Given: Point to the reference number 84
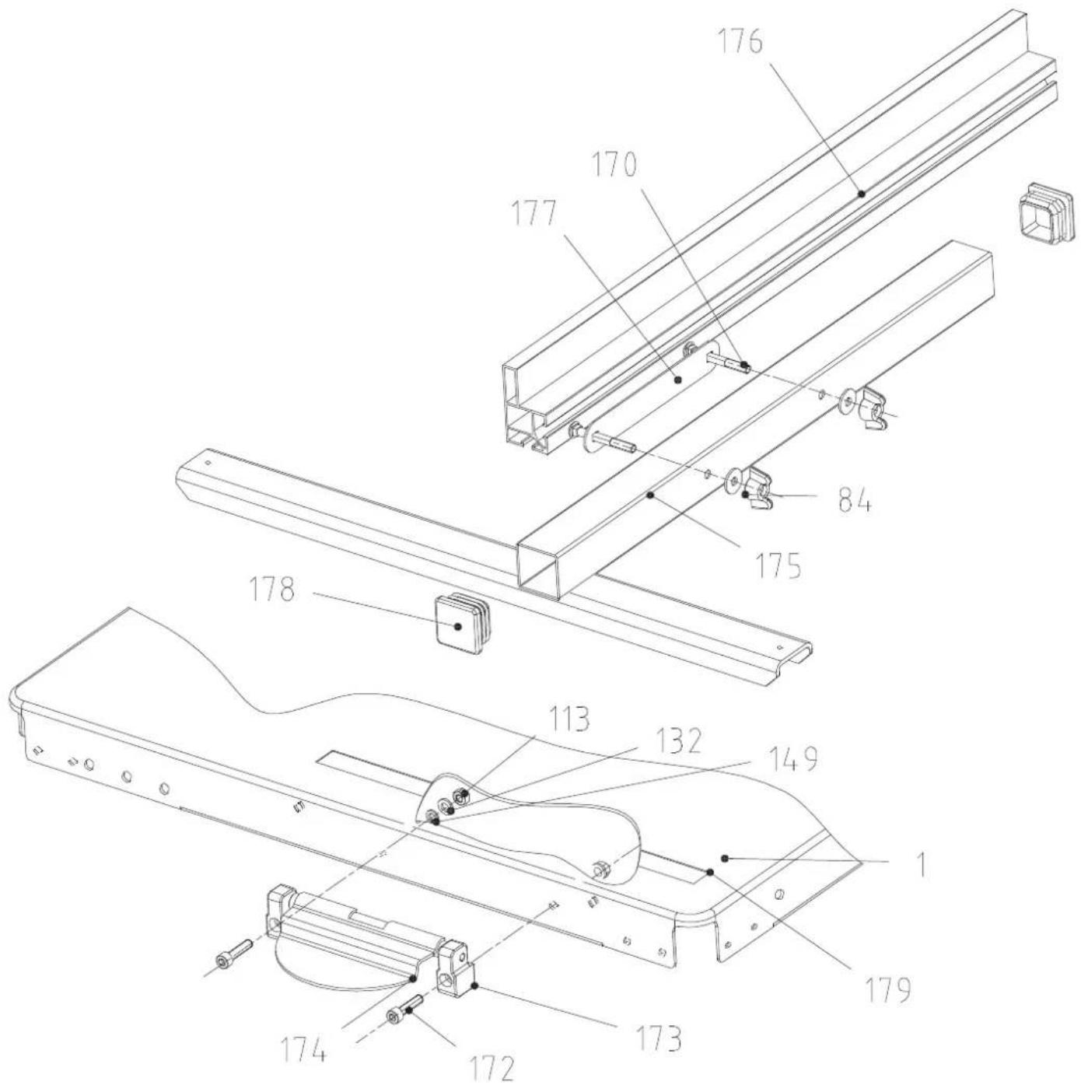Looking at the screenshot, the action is coord(854,499).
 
